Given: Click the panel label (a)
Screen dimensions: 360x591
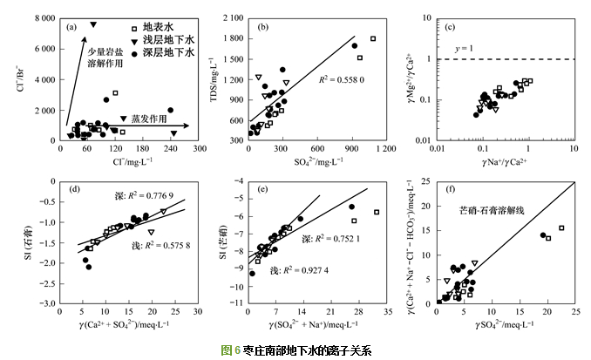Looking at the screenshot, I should tap(71, 27).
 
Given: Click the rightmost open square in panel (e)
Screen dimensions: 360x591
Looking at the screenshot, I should tap(377, 212).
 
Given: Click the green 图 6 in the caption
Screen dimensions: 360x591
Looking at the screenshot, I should tap(229, 350).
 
